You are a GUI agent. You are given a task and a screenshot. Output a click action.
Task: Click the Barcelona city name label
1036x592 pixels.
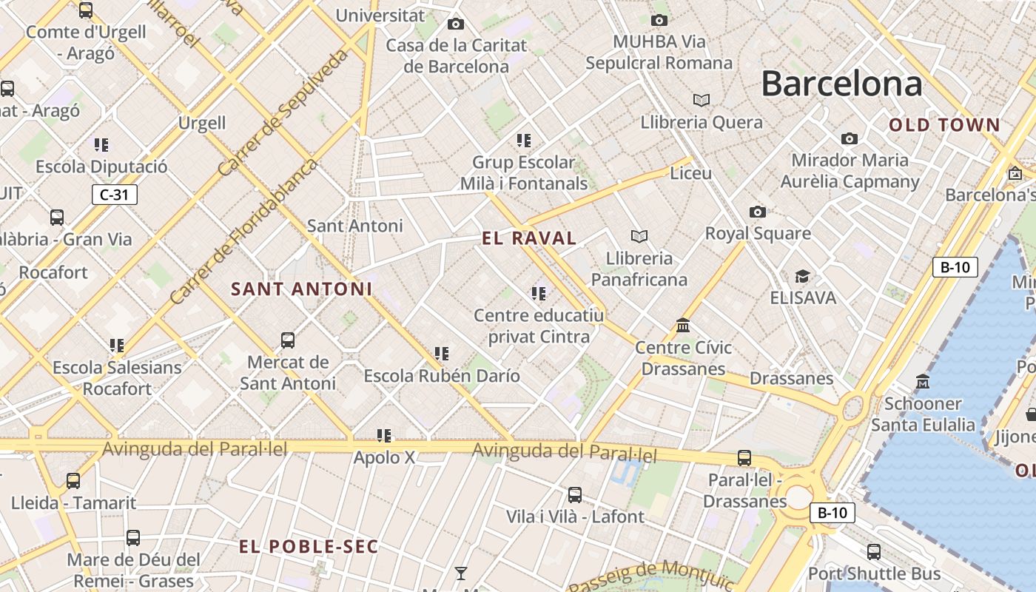[x=841, y=83]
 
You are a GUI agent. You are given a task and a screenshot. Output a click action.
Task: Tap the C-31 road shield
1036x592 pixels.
[x=115, y=195]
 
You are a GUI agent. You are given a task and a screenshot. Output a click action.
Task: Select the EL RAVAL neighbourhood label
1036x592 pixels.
[x=528, y=238]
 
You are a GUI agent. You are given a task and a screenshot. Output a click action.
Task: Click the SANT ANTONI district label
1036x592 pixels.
[x=301, y=289]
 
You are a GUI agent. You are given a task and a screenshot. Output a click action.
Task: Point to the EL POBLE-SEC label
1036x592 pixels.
[x=309, y=547]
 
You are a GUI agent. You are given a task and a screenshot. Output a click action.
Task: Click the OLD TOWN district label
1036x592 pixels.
[x=944, y=125]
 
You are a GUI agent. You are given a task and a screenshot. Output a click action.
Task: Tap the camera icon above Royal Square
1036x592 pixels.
[x=757, y=212]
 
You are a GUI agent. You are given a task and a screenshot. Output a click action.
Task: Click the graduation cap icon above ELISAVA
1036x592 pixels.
[x=802, y=277]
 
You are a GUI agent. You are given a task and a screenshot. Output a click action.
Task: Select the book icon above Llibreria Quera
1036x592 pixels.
[x=701, y=100]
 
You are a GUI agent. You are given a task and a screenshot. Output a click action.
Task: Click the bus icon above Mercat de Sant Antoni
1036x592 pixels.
[x=288, y=340]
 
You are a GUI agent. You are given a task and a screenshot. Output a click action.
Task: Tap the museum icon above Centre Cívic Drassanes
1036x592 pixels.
[x=683, y=326]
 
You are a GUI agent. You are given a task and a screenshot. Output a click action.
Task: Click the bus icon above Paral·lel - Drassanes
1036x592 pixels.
[x=744, y=458]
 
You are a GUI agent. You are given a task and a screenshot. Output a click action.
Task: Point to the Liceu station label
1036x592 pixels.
[x=690, y=173]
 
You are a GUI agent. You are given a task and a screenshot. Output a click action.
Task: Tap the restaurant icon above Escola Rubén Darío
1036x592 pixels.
[x=442, y=354]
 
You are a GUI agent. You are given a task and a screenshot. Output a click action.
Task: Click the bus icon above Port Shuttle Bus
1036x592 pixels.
[x=874, y=551]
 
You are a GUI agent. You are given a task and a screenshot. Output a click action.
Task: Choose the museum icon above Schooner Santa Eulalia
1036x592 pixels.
[x=922, y=382]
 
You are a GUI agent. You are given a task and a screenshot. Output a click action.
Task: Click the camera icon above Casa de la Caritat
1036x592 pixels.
[x=456, y=24]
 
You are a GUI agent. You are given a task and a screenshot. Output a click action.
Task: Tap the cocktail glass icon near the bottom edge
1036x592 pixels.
[x=461, y=573]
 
